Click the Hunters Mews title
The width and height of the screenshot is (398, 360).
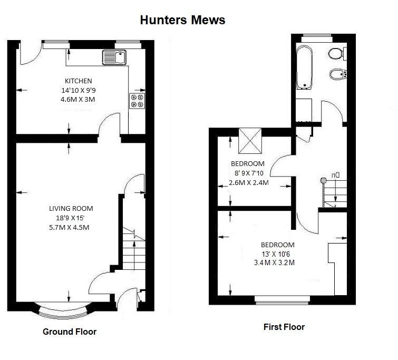(182, 20)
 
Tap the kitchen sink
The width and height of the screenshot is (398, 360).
(114, 57)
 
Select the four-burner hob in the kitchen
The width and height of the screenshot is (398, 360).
(137, 101)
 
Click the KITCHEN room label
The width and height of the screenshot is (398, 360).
(78, 81)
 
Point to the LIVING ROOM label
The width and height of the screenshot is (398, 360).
(71, 208)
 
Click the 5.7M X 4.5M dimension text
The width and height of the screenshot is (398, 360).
(69, 227)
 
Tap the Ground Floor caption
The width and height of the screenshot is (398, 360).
(70, 332)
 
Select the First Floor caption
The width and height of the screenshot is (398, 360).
(284, 327)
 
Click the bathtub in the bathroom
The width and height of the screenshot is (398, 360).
(304, 67)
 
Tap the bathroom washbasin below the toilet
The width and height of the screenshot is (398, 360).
(338, 74)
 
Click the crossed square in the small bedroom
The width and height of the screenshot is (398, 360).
(250, 141)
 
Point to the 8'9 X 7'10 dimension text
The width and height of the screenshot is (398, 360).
(249, 173)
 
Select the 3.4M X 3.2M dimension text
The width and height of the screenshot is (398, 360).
(275, 262)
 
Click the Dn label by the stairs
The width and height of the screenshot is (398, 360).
(335, 175)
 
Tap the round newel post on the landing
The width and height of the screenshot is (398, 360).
(323, 180)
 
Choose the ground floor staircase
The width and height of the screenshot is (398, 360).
(134, 248)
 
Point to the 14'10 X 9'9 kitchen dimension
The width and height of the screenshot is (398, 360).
(79, 90)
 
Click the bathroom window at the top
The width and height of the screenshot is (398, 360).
(317, 38)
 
